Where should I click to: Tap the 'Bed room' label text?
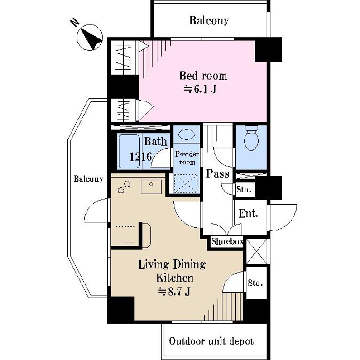203,76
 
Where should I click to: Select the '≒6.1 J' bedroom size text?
200,89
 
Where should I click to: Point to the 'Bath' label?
156,142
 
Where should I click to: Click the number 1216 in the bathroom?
141,157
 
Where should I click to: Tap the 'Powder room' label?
186,158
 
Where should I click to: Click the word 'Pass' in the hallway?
218,174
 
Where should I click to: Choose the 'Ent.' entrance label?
249,214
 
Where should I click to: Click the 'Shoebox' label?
227,242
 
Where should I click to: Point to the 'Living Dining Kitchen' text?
172,271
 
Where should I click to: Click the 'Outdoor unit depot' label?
211,341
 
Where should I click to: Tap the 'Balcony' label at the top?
209,21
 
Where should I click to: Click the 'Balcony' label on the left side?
88,179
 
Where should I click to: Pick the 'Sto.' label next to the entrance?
244,189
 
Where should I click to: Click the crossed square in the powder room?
186,183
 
